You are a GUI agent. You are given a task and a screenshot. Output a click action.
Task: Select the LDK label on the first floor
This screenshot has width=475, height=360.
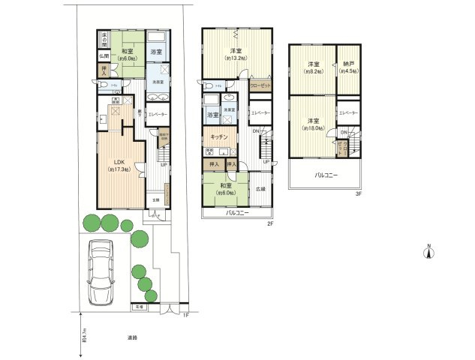click(118, 161)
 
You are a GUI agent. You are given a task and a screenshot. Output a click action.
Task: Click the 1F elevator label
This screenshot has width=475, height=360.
click(157, 115)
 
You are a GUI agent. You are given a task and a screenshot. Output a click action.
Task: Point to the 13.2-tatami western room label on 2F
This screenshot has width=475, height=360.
click(233, 53)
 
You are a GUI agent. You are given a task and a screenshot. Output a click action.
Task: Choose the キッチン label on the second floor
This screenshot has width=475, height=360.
click(219, 138)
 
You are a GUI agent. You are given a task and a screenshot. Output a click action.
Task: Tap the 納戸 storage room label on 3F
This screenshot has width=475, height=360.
click(348, 67)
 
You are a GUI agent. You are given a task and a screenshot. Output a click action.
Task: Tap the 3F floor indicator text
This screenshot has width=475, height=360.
click(359, 193)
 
